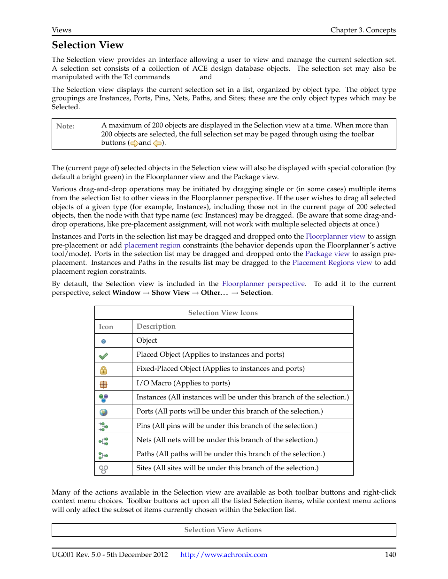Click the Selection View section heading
click(x=87, y=45)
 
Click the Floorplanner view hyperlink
click(x=335, y=236)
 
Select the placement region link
click(x=152, y=245)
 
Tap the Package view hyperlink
click(x=327, y=254)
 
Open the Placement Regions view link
click(x=332, y=263)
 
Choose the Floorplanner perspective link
click(x=263, y=284)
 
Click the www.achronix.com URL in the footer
click(x=224, y=555)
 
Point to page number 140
click(x=390, y=555)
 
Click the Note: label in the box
click(x=65, y=126)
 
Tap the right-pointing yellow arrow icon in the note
click(x=134, y=143)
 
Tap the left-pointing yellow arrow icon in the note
click(x=157, y=143)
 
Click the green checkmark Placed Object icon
click(x=103, y=356)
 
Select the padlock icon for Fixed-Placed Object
click(x=103, y=370)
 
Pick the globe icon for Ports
click(x=103, y=412)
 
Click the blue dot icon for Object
click(x=103, y=341)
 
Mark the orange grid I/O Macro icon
click(x=103, y=384)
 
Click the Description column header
click(x=156, y=326)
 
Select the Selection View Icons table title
click(x=223, y=313)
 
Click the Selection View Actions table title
click(x=223, y=530)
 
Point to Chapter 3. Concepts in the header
click(x=363, y=30)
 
